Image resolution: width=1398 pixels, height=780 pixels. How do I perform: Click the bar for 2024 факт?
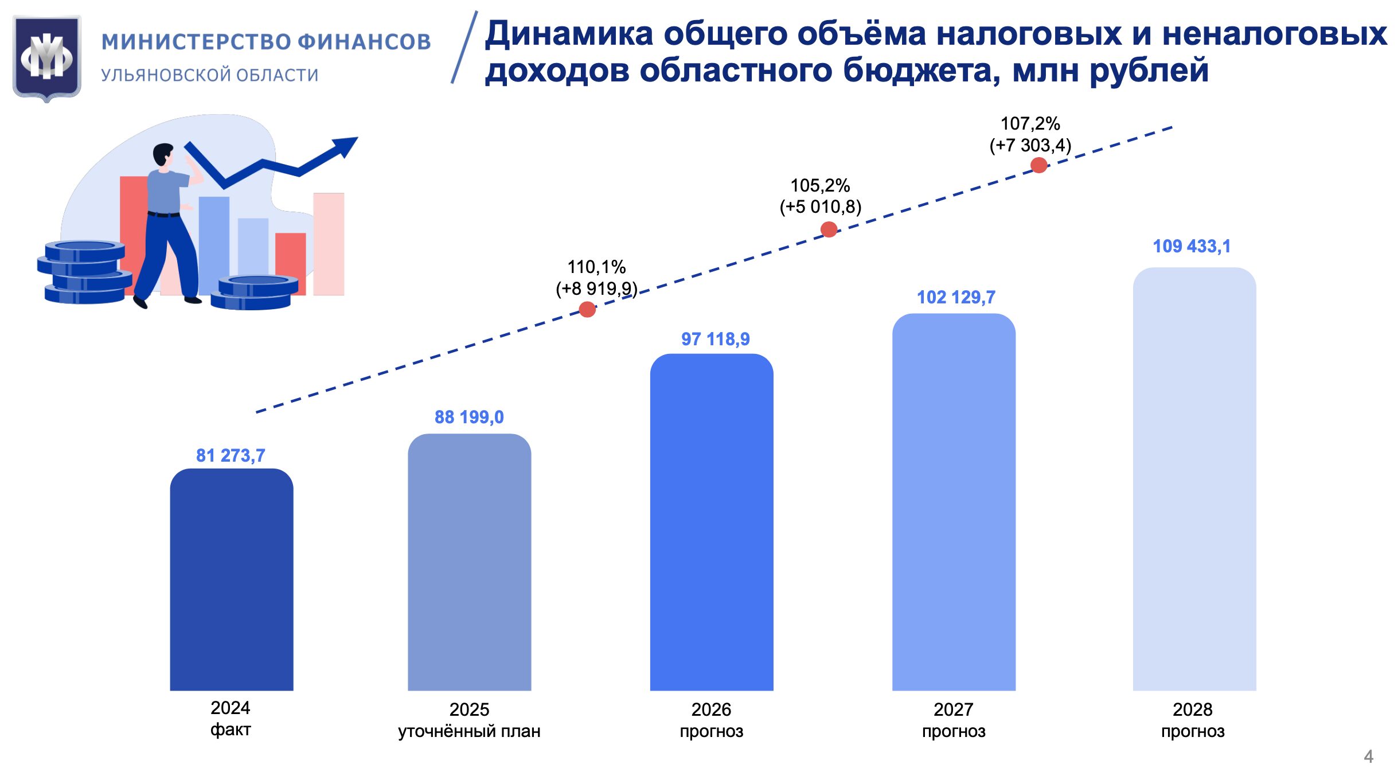click(231, 579)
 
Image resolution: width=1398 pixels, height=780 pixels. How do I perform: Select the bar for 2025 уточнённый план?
click(469, 562)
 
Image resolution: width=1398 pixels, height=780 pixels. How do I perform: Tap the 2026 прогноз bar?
click(711, 522)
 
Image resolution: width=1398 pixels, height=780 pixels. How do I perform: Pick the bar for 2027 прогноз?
click(953, 502)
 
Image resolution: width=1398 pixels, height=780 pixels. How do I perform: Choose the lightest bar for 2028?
click(1194, 479)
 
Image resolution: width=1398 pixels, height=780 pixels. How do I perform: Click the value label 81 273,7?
click(231, 455)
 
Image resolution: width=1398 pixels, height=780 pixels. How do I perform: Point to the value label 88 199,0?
click(469, 417)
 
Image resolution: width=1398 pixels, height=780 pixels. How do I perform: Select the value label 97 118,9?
click(715, 339)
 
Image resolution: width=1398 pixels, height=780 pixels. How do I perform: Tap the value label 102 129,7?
click(956, 297)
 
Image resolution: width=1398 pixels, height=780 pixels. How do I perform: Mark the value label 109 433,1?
click(1192, 246)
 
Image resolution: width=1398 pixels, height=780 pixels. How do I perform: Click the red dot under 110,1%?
click(587, 310)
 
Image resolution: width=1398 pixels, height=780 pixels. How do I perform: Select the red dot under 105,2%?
click(829, 229)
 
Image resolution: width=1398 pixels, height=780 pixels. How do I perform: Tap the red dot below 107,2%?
click(1038, 165)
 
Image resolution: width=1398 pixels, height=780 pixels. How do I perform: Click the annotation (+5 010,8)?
click(820, 206)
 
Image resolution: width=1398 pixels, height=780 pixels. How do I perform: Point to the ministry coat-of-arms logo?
click(47, 57)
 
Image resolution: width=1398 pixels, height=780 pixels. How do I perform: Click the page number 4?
click(1368, 756)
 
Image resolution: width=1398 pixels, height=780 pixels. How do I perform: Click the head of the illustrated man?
click(163, 154)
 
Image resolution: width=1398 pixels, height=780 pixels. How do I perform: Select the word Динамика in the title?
click(569, 33)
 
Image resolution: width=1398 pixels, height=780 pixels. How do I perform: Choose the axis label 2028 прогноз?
click(1193, 720)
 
